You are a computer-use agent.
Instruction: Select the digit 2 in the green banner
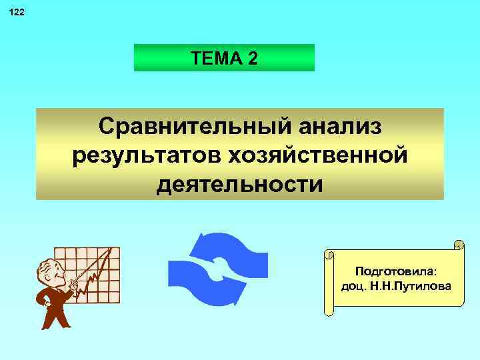(x=251, y=59)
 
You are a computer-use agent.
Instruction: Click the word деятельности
(x=240, y=183)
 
